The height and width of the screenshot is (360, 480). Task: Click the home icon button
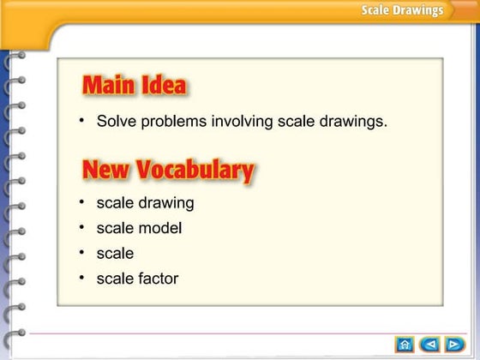click(404, 345)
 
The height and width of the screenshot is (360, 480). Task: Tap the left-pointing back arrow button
click(429, 345)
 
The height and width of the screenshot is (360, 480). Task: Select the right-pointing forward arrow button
click(453, 345)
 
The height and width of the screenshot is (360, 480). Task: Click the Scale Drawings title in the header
click(402, 10)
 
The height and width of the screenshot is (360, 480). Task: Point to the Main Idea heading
click(134, 86)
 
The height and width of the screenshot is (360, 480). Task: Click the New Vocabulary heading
click(168, 169)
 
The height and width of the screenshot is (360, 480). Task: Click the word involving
click(242, 122)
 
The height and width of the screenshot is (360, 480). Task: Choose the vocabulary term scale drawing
click(145, 204)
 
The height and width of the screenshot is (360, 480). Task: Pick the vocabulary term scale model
click(139, 229)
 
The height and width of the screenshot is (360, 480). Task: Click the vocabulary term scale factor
click(137, 279)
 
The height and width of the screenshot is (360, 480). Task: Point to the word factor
click(158, 279)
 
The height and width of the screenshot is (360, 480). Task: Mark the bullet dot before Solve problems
click(81, 121)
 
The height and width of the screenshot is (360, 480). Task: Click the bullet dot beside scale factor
click(81, 278)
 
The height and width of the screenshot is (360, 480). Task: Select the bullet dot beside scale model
click(81, 228)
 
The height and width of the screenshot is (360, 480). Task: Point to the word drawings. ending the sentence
click(356, 122)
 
